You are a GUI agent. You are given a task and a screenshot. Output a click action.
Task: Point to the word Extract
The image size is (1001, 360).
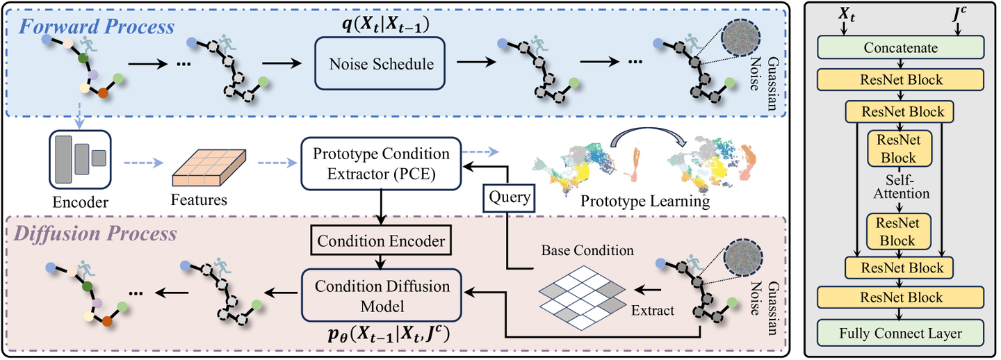click(653, 310)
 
